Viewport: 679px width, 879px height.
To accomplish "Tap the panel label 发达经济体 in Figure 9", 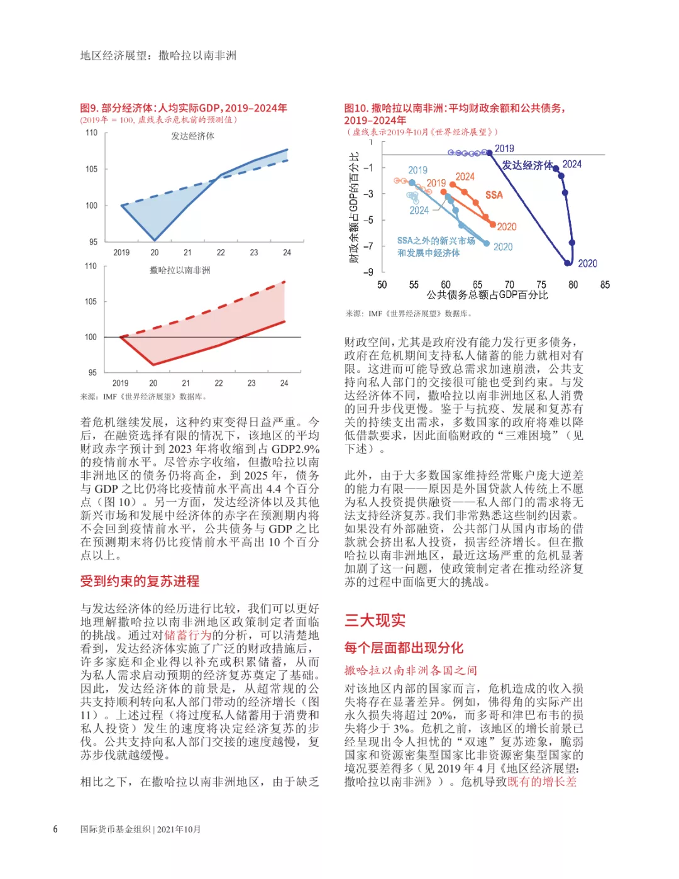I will click(x=192, y=136).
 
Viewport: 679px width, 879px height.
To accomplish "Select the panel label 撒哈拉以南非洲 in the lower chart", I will click(x=180, y=270).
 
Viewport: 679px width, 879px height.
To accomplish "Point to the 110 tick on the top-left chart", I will click(x=92, y=133).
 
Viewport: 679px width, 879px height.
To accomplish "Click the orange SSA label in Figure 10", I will click(x=494, y=195).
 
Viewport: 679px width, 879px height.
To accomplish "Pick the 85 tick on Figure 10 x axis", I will click(x=605, y=285).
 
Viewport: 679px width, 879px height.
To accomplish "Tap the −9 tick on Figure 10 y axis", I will click(x=368, y=272).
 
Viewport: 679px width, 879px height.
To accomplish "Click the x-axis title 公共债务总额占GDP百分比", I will click(x=487, y=295).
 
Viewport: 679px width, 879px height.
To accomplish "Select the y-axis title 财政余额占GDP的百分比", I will click(x=354, y=207).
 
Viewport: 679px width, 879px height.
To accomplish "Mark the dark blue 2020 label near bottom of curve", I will click(x=587, y=263).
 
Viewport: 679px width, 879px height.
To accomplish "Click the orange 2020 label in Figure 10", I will click(x=507, y=226).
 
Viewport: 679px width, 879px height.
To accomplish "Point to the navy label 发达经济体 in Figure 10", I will click(x=527, y=165).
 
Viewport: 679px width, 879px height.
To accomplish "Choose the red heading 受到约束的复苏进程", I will click(x=140, y=582).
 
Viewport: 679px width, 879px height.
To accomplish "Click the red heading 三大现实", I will click(x=375, y=621).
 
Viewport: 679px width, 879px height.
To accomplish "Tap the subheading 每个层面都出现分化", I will click(x=404, y=648).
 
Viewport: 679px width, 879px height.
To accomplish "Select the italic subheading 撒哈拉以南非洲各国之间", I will click(x=411, y=670).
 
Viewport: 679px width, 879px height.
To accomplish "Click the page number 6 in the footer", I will click(x=55, y=829).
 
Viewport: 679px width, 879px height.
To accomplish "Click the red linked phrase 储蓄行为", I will click(x=187, y=635).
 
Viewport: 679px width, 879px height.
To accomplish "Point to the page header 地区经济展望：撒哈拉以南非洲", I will click(x=158, y=55).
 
